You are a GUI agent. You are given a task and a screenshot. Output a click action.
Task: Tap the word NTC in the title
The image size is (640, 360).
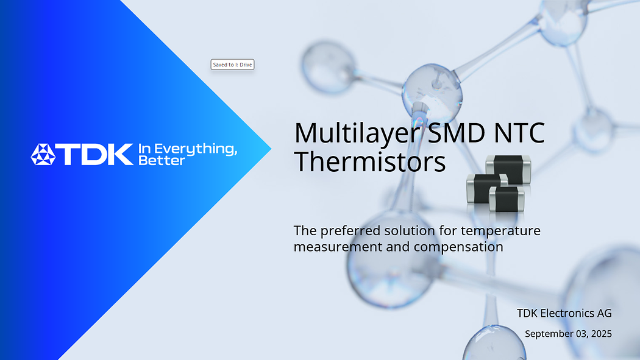(x=516, y=133)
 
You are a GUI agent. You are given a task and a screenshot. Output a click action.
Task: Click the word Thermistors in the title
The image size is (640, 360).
(x=369, y=162)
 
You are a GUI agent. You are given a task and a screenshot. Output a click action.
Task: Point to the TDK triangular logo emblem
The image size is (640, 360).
(x=43, y=155)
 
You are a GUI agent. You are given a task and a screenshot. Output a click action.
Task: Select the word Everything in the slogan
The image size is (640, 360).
(x=194, y=149)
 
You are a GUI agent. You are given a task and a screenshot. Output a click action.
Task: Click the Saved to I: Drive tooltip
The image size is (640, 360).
(x=232, y=65)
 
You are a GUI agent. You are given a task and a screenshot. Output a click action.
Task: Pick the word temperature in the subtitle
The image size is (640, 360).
(x=500, y=231)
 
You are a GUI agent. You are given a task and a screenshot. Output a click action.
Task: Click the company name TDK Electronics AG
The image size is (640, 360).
(x=564, y=313)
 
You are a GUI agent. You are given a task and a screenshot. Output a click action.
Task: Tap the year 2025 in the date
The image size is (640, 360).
(x=600, y=334)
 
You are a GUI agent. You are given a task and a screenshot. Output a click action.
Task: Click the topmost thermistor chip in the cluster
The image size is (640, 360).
(x=508, y=169)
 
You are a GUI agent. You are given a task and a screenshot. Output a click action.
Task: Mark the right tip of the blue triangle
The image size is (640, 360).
(x=270, y=149)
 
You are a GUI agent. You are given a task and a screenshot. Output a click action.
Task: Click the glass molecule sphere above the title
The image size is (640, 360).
(x=431, y=91)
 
